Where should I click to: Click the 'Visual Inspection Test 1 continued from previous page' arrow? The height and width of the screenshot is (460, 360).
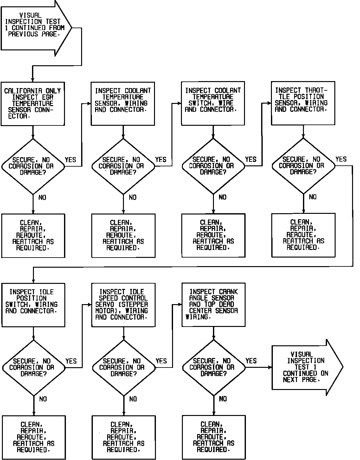(x=35, y=28)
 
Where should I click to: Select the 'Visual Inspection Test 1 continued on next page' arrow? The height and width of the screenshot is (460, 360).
(x=304, y=367)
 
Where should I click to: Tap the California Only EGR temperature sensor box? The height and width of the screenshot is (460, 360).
(x=33, y=104)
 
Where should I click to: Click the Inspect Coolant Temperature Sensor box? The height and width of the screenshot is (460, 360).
(x=123, y=103)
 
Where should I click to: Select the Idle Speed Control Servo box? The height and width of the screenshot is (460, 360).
(x=123, y=304)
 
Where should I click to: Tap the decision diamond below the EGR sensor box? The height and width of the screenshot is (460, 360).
(x=33, y=166)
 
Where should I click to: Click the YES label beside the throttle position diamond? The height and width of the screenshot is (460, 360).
(x=341, y=159)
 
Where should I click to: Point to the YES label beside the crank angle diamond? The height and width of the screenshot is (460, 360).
(x=251, y=361)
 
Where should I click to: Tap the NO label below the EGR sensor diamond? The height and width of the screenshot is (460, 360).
(x=42, y=198)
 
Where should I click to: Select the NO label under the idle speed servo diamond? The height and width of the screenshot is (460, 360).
(x=133, y=399)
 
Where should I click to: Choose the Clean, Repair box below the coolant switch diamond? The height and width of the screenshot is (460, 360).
(x=213, y=235)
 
